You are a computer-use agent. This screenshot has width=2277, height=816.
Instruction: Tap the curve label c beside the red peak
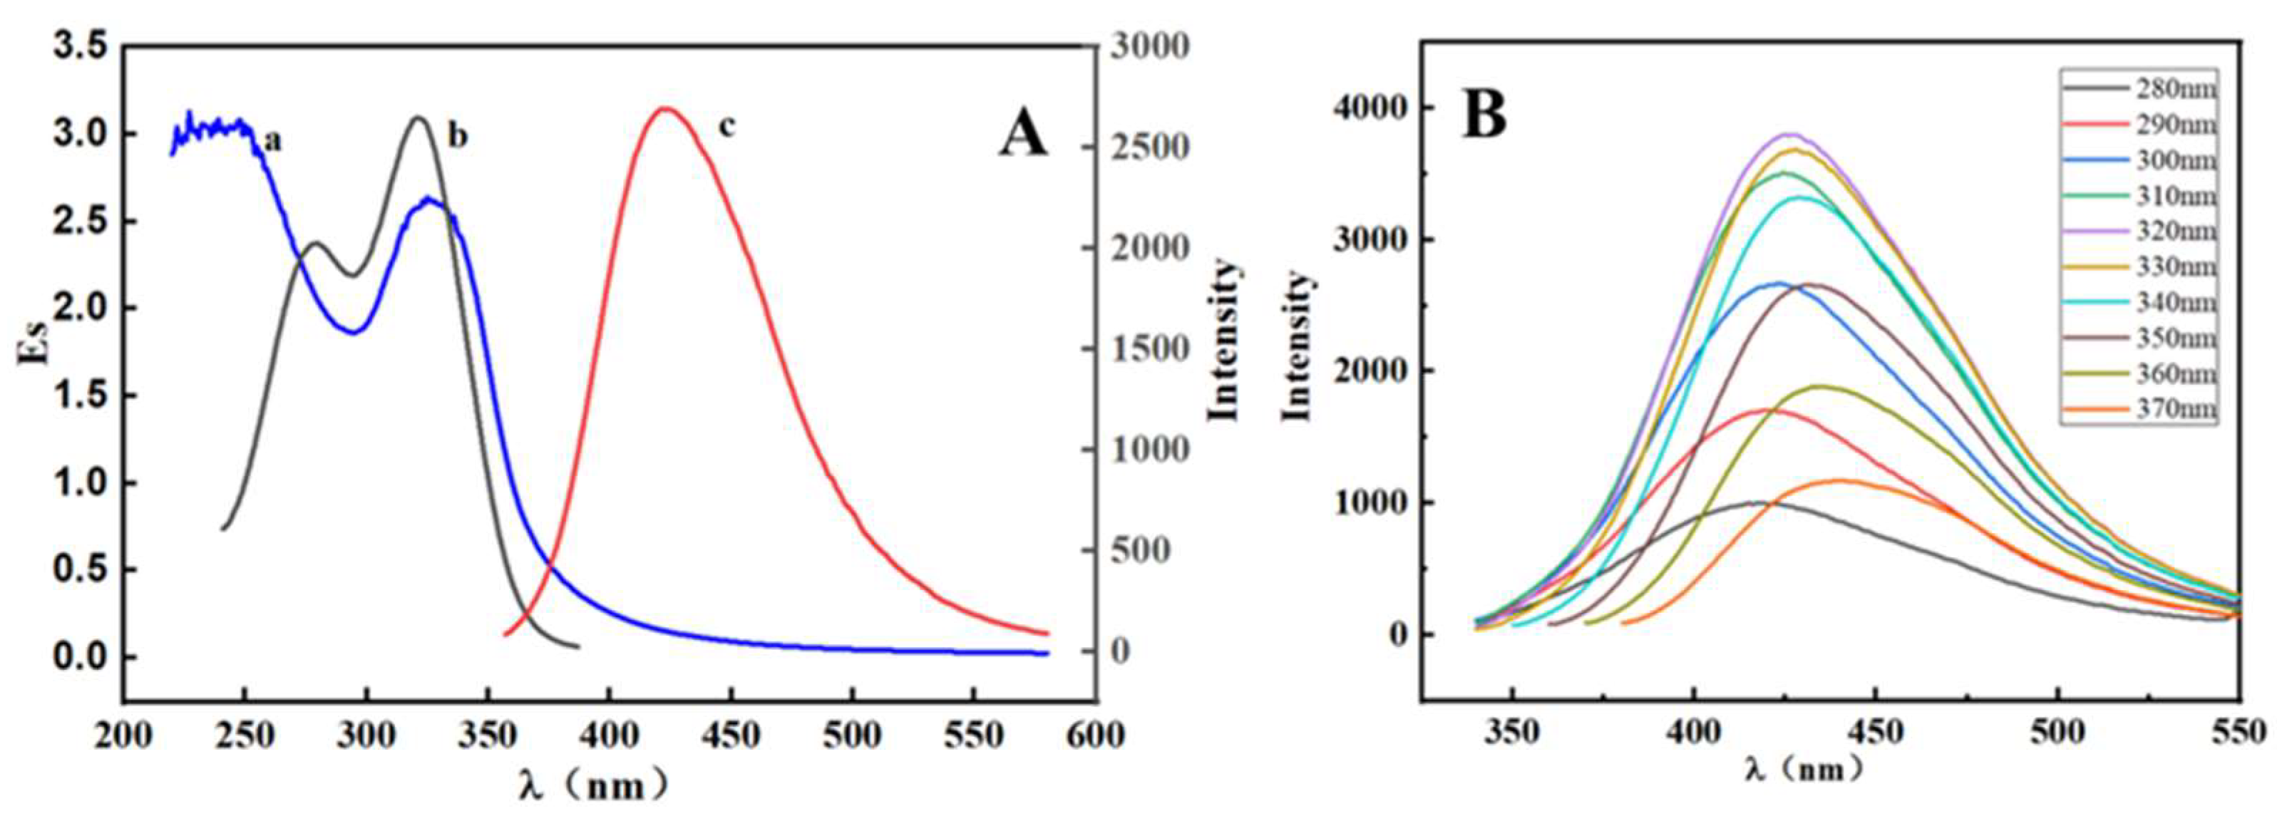[x=726, y=128]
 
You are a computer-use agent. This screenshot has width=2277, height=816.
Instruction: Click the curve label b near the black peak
[x=457, y=136]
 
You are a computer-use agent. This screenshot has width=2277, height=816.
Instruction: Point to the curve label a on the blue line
[x=273, y=140]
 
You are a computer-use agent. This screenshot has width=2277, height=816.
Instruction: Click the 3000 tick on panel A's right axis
[x=1149, y=47]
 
